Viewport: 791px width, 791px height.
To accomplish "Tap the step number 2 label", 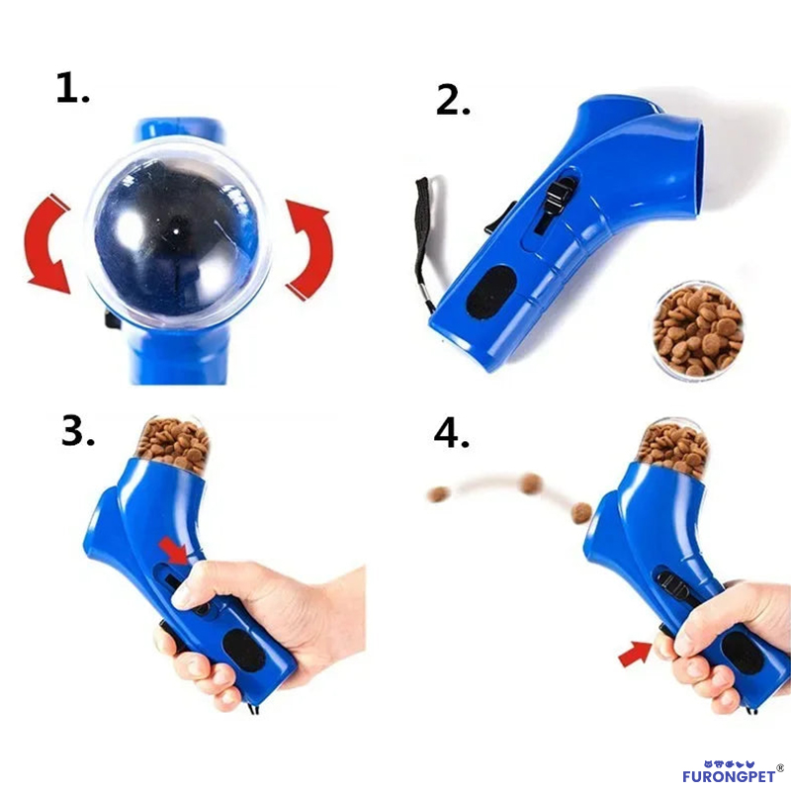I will point(454,99).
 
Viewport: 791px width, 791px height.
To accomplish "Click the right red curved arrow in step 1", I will point(308,247).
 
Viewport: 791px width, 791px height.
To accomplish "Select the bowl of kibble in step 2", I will point(698,330).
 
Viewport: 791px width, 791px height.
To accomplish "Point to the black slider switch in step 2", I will point(546,202).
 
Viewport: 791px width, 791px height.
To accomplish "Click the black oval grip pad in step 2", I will point(490,294).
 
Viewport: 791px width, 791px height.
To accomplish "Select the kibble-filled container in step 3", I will point(173,443).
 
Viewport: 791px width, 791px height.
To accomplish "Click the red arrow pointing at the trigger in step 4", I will point(635,654).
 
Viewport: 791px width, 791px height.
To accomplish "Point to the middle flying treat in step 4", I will point(531,483).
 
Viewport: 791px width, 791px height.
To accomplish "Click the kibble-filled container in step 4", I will point(673,446).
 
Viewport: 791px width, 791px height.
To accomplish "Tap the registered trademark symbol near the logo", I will point(780,763).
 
